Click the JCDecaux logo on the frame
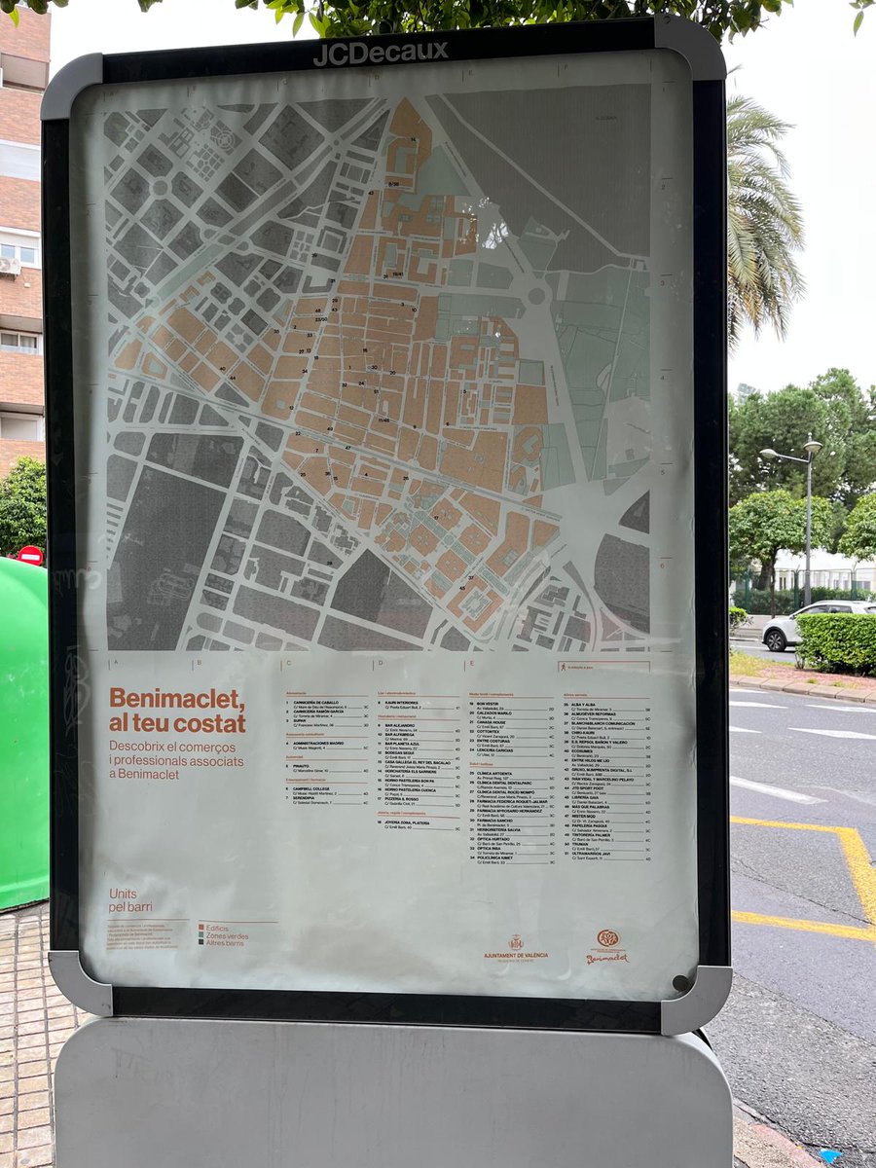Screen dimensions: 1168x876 (x=381, y=53)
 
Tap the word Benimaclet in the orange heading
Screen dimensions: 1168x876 (x=175, y=698)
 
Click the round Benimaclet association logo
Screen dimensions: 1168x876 (x=607, y=939)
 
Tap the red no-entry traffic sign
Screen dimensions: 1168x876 (x=30, y=555)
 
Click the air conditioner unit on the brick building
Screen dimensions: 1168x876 (x=9, y=265)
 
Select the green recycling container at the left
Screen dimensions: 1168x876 (x=22, y=730)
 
